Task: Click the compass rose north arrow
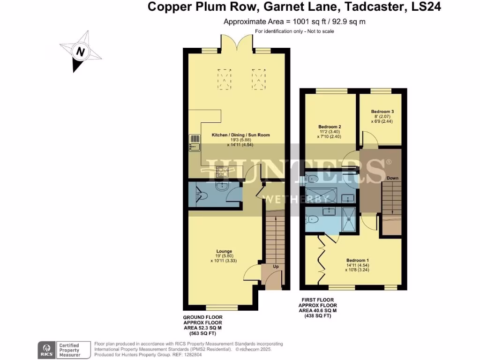click(80, 52)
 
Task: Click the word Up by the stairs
click(276, 266)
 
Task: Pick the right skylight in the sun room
click(258, 78)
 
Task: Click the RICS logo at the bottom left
click(47, 349)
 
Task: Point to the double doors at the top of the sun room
click(238, 45)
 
